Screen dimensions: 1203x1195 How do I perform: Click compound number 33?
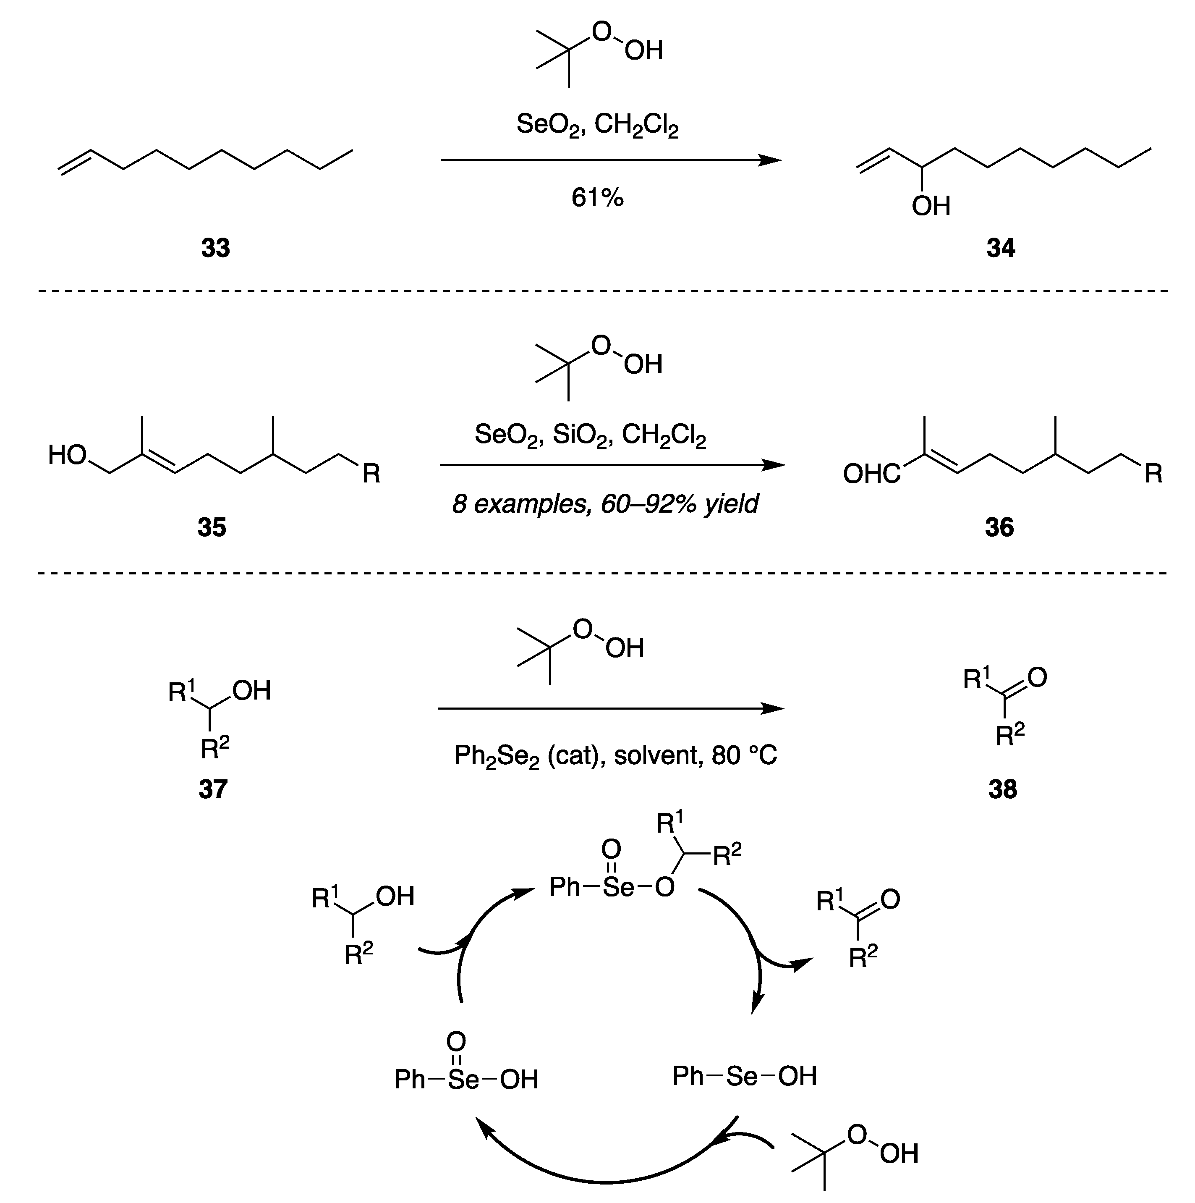215,248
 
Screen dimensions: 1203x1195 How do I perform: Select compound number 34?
1001,248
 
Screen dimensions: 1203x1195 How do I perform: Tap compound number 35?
212,527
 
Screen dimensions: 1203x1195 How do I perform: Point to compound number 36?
999,527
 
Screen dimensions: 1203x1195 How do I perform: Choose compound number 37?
213,789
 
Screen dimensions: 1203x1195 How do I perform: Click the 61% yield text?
598,198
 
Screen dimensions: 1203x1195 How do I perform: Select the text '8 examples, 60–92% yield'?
605,503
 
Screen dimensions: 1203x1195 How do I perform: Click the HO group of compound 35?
67,455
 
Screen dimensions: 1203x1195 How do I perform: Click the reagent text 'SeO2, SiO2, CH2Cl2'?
590,435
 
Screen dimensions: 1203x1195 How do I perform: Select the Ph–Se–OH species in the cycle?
744,1076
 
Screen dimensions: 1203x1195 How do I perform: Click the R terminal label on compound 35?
371,474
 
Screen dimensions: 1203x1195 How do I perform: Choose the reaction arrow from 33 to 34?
610,161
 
